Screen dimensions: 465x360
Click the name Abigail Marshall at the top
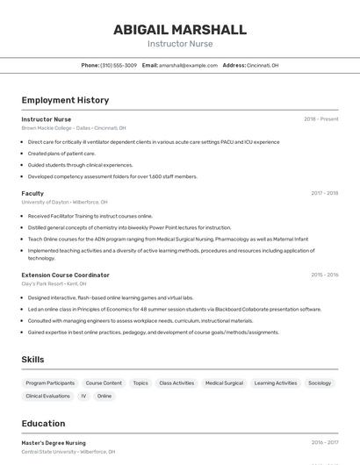tap(179, 30)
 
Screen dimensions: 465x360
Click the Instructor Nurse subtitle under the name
tap(179, 44)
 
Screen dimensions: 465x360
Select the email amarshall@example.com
tap(188, 66)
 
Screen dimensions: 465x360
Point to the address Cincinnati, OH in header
tap(263, 66)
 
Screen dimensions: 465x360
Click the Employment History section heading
tap(65, 100)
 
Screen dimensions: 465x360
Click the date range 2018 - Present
tap(320, 119)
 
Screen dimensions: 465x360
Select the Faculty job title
tap(32, 193)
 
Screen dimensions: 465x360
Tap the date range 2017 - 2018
tap(324, 193)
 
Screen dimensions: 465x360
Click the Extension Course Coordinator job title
tap(65, 275)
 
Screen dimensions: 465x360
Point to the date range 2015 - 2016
tap(324, 275)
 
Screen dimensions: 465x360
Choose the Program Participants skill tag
tap(50, 383)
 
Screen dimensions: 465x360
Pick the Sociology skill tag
tap(320, 383)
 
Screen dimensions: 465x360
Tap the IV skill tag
tap(83, 397)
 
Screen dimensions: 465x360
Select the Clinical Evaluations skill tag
tap(47, 397)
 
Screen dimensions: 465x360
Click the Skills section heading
tap(32, 360)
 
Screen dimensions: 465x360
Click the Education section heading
tap(43, 424)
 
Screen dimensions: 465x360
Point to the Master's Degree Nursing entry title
tap(54, 443)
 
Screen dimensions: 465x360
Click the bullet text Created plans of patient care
tap(61, 153)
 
